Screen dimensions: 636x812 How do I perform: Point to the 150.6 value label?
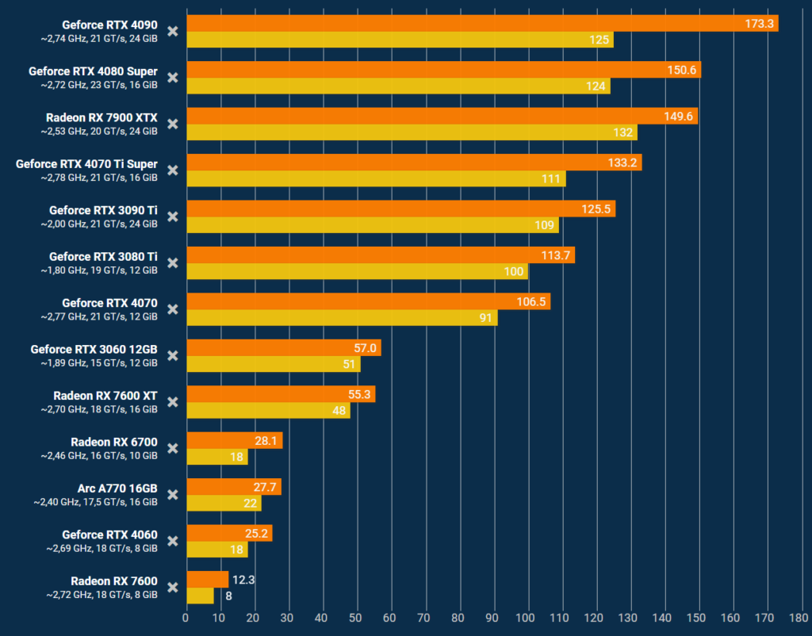(x=682, y=70)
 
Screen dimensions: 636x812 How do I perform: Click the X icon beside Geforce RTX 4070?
(x=173, y=309)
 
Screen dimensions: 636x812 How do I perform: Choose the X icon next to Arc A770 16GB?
(x=173, y=495)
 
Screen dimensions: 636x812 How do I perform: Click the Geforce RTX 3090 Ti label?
(x=103, y=210)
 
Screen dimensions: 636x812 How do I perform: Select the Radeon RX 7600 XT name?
(x=105, y=396)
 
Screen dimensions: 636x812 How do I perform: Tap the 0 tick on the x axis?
(x=186, y=616)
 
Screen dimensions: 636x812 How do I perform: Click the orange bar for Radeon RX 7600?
(x=207, y=580)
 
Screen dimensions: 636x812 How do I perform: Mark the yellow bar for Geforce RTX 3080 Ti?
(x=357, y=272)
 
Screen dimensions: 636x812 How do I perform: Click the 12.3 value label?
(x=242, y=580)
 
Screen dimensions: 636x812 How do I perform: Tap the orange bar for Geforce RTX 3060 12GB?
(x=283, y=348)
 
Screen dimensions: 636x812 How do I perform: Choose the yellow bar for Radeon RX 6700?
(x=216, y=458)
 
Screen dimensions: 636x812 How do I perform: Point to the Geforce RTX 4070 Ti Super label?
(x=86, y=164)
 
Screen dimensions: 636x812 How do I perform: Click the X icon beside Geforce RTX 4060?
(x=173, y=541)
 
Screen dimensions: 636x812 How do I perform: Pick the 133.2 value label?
(x=623, y=163)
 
